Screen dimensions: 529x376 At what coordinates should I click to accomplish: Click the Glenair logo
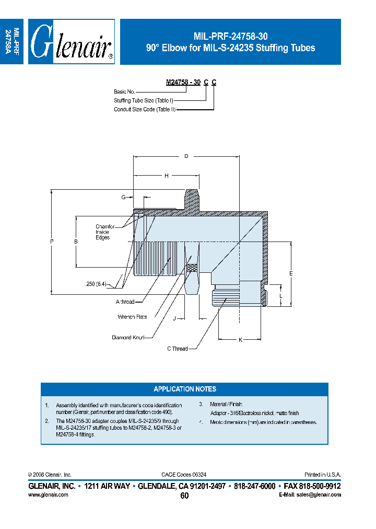(x=71, y=42)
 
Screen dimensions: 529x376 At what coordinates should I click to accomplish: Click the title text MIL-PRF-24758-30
(x=230, y=37)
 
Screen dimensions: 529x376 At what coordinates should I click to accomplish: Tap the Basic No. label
(x=124, y=91)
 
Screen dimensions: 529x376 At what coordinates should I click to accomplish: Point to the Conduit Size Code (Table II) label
(x=145, y=109)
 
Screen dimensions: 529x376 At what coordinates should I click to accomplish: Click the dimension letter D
(x=186, y=156)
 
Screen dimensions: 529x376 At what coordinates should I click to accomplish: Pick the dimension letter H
(x=166, y=176)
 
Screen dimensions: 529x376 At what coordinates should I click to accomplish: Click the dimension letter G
(x=123, y=197)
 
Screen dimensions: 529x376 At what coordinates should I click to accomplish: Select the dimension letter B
(x=76, y=241)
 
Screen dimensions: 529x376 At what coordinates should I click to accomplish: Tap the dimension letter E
(x=291, y=273)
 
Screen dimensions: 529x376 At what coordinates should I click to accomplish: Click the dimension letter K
(x=240, y=340)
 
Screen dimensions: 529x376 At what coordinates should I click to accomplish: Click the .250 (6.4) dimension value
(x=96, y=284)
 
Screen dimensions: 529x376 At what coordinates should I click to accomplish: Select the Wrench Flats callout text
(x=132, y=317)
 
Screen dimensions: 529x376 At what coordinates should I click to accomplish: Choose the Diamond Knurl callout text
(x=128, y=338)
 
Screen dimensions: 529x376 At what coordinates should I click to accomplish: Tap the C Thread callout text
(x=177, y=349)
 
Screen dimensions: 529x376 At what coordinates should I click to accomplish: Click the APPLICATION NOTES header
(x=185, y=389)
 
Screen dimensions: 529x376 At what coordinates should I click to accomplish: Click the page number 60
(x=184, y=496)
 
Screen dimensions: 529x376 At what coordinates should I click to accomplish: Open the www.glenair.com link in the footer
(x=48, y=494)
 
